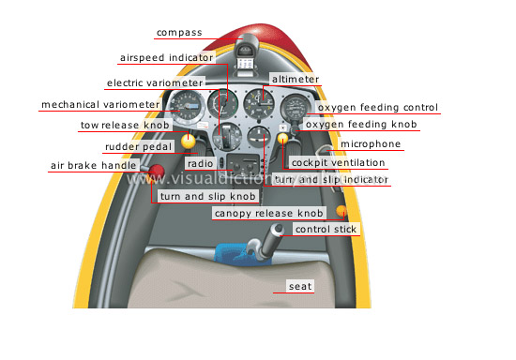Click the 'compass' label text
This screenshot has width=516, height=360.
[179, 33]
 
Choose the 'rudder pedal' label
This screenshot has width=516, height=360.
[135, 147]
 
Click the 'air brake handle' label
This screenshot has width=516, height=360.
[91, 166]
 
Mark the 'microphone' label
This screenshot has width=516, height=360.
[370, 144]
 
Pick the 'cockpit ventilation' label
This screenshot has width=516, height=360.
[338, 162]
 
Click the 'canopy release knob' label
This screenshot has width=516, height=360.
[268, 214]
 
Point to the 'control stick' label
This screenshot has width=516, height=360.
[326, 229]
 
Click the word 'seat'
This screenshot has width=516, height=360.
[299, 286]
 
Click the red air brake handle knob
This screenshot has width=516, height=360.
[158, 172]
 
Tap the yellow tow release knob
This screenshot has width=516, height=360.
[189, 142]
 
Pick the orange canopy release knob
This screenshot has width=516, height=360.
[341, 210]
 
